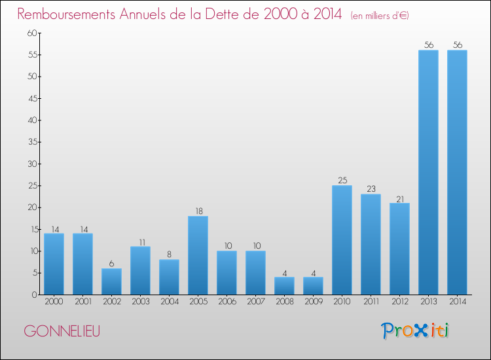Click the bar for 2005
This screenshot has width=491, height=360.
click(198, 255)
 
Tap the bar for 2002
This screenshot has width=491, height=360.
click(111, 281)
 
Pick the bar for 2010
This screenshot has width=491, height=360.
click(342, 240)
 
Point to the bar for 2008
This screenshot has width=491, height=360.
click(284, 286)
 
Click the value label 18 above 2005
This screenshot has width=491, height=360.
click(198, 211)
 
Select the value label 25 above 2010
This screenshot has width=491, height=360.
click(342, 181)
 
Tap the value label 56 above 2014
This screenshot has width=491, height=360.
click(457, 45)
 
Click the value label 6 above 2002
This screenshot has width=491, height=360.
click(111, 264)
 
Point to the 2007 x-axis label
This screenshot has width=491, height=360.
click(255, 302)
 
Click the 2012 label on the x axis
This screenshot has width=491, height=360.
click(399, 302)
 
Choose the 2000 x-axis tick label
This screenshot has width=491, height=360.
click(54, 302)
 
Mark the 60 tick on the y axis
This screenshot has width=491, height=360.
click(31, 33)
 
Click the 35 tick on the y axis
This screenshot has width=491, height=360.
click(31, 142)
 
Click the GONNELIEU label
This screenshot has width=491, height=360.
click(62, 331)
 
